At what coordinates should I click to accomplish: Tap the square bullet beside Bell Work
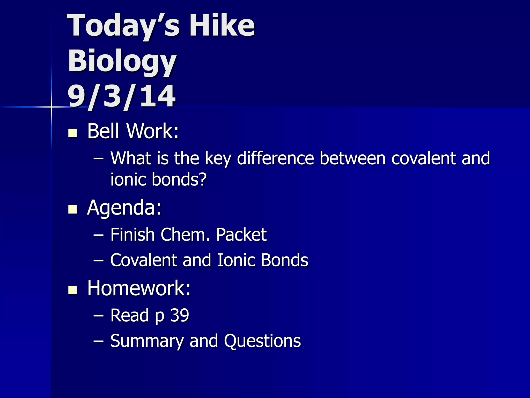click(x=73, y=133)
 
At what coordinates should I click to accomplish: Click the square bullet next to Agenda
click(x=73, y=209)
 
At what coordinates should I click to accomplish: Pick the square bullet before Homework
click(x=73, y=290)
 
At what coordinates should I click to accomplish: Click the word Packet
click(x=241, y=235)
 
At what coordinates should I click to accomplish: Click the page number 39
click(x=180, y=315)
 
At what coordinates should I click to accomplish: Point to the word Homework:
click(x=139, y=288)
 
